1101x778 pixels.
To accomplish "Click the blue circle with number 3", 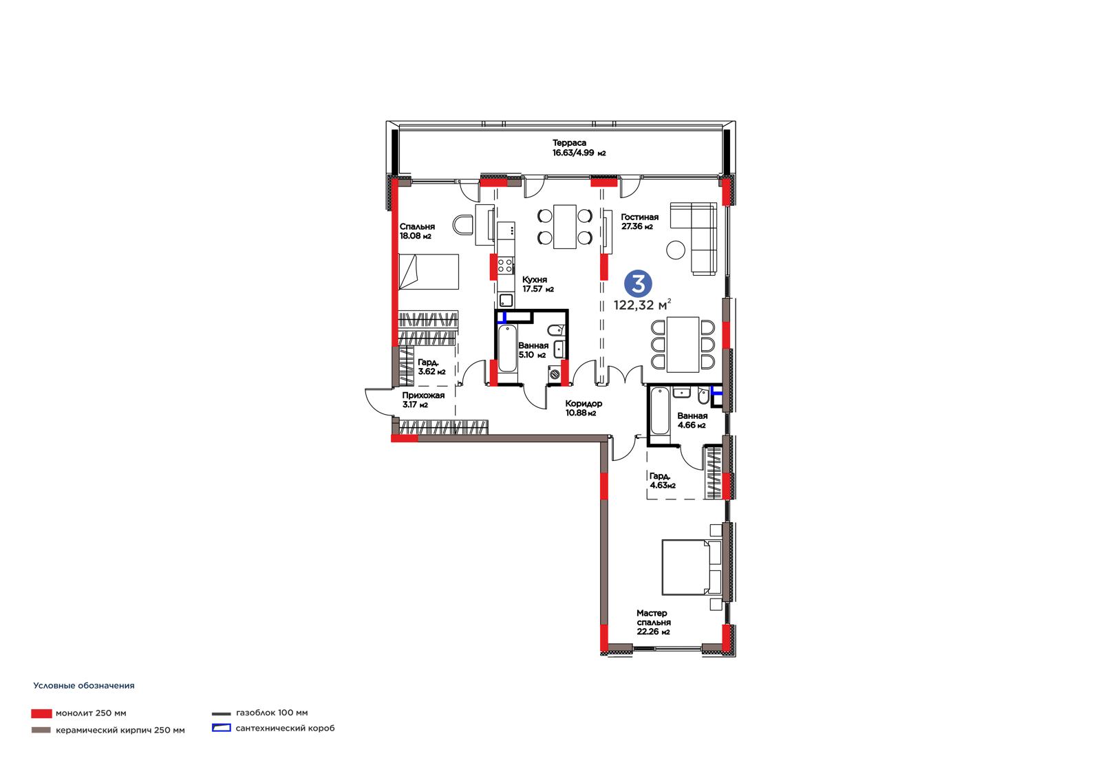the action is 638,284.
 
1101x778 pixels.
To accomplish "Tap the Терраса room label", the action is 569,143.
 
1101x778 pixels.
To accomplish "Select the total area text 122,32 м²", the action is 642,305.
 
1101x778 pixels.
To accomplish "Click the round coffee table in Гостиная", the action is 676,250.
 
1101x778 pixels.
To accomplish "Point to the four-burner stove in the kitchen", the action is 505,266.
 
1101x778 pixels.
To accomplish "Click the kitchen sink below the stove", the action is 506,300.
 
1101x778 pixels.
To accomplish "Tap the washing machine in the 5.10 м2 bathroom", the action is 555,374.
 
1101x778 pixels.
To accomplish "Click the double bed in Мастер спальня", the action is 691,567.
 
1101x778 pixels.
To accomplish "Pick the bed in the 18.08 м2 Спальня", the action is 428,271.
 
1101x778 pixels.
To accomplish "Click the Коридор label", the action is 584,404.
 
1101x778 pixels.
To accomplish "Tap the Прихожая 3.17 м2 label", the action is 423,400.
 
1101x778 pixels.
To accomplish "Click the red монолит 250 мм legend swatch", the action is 41,713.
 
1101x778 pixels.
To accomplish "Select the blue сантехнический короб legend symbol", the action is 221,728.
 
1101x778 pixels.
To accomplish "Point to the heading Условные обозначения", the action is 83,686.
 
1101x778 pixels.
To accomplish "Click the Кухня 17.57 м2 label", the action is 537,284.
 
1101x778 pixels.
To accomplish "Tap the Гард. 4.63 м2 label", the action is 662,481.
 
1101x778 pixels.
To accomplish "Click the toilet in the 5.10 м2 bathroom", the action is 557,329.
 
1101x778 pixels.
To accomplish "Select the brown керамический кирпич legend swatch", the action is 41,730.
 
